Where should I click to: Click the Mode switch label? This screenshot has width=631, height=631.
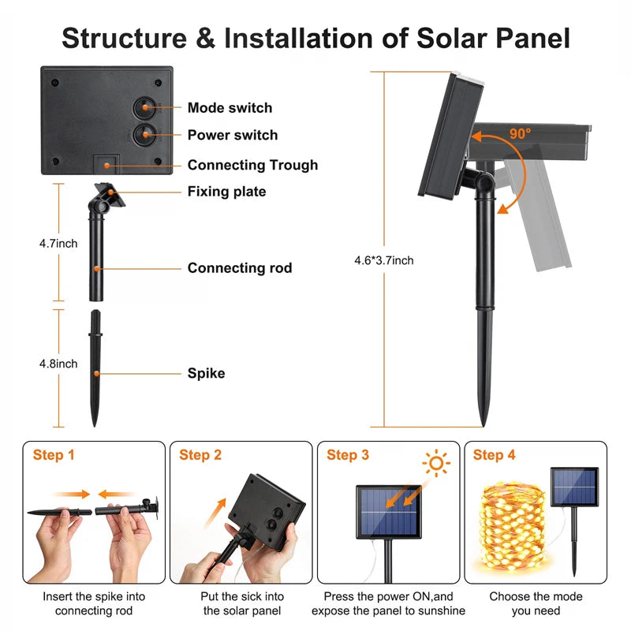coord(230,108)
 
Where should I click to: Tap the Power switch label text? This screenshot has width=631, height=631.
coord(233,135)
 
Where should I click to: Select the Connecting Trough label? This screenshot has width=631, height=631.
coord(252,165)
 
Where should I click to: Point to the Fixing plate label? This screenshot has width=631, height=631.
coord(226,192)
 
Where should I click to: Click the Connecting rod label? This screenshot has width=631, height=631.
coord(240,268)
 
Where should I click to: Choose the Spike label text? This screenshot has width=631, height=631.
coord(206,373)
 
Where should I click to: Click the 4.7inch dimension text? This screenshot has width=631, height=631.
coord(58,244)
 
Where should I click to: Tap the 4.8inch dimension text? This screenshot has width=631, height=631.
coord(58,364)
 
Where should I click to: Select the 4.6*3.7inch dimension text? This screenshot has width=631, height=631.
coord(384,260)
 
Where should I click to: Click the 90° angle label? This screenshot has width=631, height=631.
coord(520,133)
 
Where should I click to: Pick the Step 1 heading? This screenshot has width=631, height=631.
coord(54,455)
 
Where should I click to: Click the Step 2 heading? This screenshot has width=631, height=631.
coord(200,455)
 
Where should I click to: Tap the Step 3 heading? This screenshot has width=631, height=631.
coord(348,455)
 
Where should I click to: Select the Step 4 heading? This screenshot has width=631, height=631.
coord(495,455)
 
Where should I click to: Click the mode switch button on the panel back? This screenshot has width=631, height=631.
coord(145,107)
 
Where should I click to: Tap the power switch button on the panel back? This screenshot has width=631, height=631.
coord(145,134)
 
